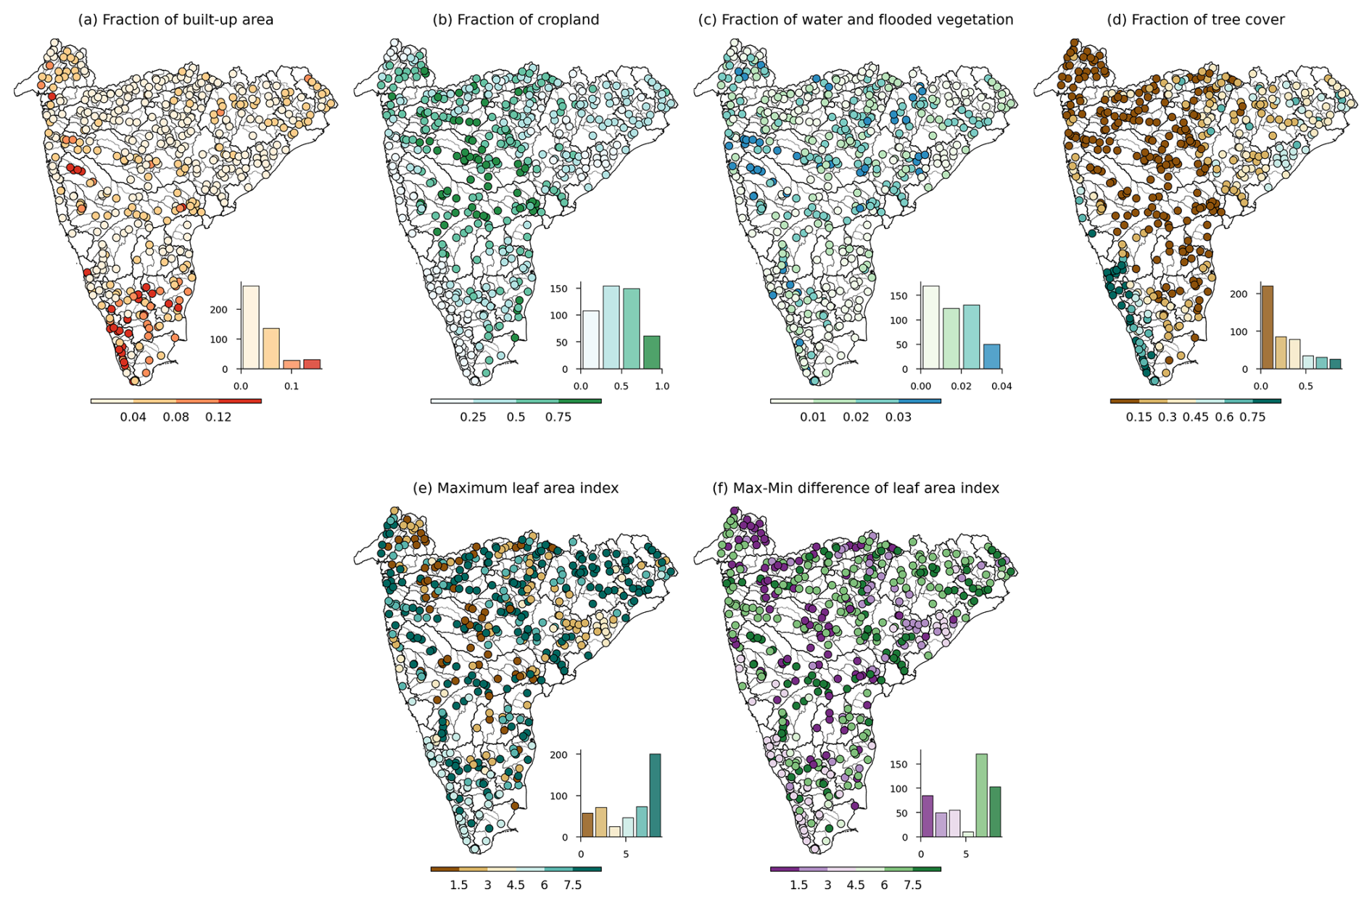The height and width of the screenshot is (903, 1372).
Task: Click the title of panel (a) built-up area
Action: [x=175, y=20]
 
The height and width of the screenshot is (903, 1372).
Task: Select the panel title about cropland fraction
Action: [x=516, y=20]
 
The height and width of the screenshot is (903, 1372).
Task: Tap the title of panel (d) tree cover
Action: [x=1195, y=20]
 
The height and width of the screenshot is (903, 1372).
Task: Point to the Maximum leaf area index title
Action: [x=516, y=488]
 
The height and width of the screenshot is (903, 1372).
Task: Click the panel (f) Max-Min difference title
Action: [x=856, y=488]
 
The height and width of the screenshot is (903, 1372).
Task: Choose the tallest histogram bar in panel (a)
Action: [x=251, y=327]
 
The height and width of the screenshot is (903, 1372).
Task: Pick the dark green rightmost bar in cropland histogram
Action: [x=652, y=352]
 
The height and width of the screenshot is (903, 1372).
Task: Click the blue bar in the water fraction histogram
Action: [x=991, y=356]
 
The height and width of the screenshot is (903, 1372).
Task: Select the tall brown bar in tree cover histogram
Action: [x=1267, y=327]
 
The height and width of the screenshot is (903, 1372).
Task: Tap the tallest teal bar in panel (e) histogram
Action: [x=655, y=795]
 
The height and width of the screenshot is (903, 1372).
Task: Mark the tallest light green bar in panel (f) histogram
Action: [x=981, y=795]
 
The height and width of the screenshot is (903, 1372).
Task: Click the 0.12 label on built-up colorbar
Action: [x=218, y=417]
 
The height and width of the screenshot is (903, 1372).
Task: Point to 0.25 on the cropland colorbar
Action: [x=474, y=417]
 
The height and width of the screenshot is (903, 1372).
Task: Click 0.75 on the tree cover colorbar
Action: [x=1252, y=417]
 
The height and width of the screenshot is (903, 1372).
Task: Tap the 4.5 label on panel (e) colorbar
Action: [x=516, y=885]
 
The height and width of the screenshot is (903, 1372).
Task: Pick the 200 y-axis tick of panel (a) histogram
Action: [x=219, y=310]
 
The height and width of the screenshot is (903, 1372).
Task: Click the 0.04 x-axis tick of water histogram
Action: [x=1001, y=387]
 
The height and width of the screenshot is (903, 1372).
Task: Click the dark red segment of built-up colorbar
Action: [x=240, y=400]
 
